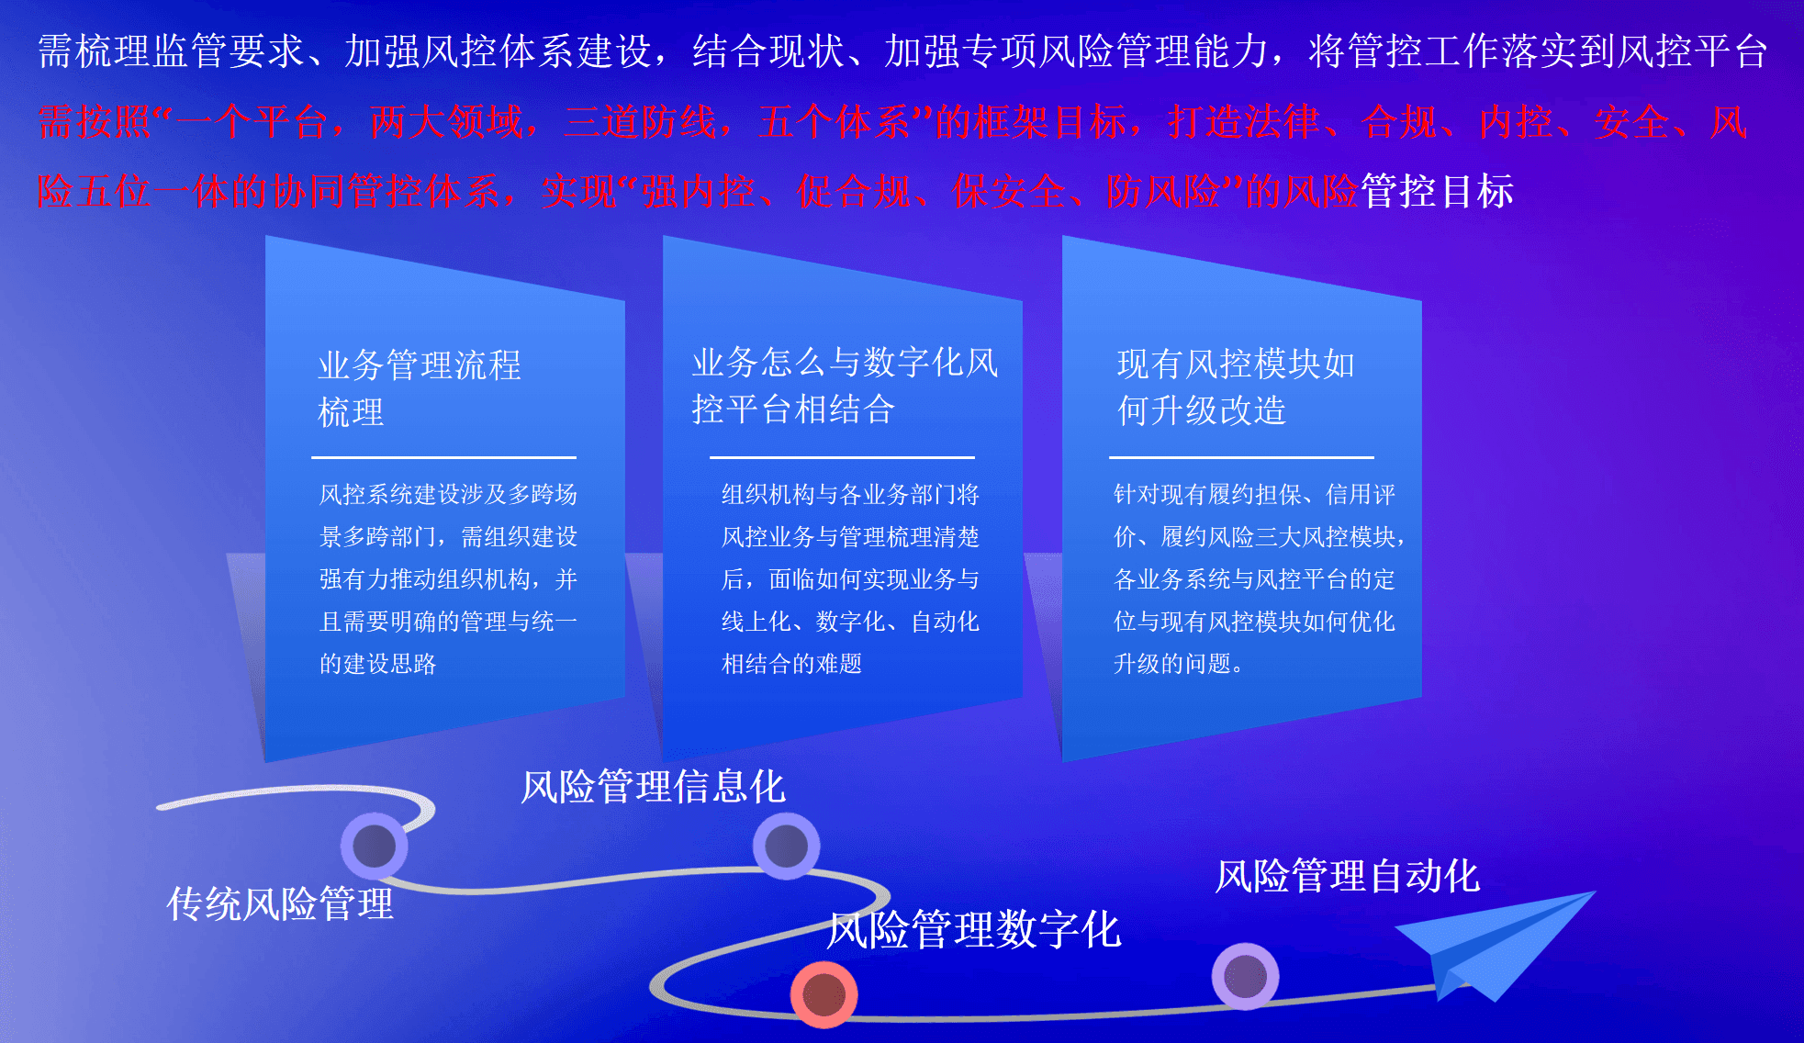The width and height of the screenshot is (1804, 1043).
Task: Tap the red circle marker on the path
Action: [x=824, y=994]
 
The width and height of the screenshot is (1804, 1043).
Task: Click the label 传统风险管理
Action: [x=280, y=903]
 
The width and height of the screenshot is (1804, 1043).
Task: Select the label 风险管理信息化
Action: [x=653, y=787]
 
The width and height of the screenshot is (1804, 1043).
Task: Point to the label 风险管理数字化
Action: [x=974, y=929]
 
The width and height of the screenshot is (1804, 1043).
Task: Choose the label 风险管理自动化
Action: [x=1348, y=876]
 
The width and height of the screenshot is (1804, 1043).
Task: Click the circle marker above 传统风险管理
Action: [x=375, y=846]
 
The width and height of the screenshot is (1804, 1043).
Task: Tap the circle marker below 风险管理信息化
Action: [x=787, y=846]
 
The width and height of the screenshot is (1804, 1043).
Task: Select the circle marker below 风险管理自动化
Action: [x=1246, y=976]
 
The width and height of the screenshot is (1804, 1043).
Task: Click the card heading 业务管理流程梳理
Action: [x=420, y=388]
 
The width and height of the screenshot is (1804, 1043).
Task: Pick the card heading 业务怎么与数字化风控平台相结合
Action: [x=845, y=386]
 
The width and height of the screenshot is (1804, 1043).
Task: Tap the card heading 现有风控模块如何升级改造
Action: [x=1236, y=387]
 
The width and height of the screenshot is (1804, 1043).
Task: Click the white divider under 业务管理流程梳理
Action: [x=443, y=457]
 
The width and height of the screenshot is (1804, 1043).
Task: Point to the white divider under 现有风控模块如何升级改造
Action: [x=1241, y=457]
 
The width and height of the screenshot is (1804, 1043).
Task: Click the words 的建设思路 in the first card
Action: [x=377, y=664]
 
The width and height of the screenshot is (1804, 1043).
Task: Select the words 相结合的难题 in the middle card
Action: [x=791, y=664]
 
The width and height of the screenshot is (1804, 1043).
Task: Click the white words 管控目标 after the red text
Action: [x=1437, y=191]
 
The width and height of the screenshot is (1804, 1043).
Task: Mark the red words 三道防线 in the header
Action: [x=640, y=122]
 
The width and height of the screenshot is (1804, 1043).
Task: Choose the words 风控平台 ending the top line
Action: [x=1692, y=51]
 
